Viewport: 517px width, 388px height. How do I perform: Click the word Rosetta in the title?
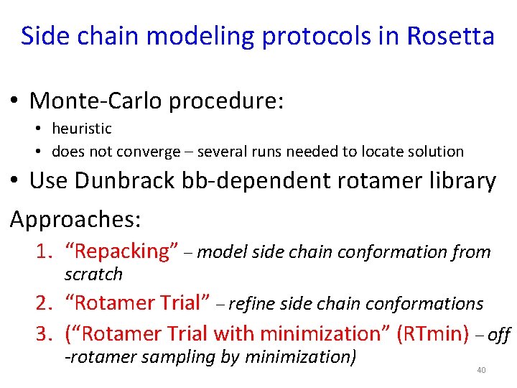(x=450, y=36)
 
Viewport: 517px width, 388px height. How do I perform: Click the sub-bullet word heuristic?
(x=82, y=129)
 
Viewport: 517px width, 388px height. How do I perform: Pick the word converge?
(x=154, y=152)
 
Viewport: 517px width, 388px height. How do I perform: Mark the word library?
(x=460, y=181)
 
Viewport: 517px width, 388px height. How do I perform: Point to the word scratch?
(x=93, y=274)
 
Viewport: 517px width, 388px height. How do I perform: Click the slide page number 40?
(x=481, y=370)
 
